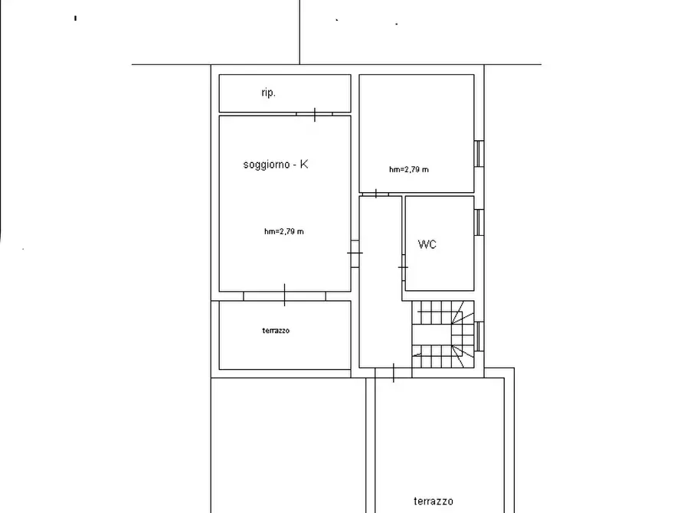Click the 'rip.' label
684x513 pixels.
click(268, 93)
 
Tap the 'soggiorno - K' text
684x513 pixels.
click(276, 165)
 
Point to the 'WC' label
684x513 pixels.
click(427, 245)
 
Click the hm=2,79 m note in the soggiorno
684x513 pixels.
click(283, 231)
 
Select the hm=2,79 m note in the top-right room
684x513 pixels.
click(408, 169)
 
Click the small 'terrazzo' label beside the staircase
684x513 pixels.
click(276, 331)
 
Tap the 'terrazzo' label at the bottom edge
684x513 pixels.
click(434, 502)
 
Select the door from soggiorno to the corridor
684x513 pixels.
click(355, 252)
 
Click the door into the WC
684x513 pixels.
click(403, 266)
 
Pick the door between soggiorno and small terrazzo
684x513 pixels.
click(284, 296)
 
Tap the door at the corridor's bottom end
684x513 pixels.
click(393, 372)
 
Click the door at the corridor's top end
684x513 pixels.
click(377, 194)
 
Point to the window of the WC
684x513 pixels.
click(478, 223)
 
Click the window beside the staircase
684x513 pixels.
click(478, 335)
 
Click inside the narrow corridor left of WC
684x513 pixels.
click(379, 306)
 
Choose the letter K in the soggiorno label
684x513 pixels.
click(304, 165)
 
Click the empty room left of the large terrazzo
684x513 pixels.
click(287, 444)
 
